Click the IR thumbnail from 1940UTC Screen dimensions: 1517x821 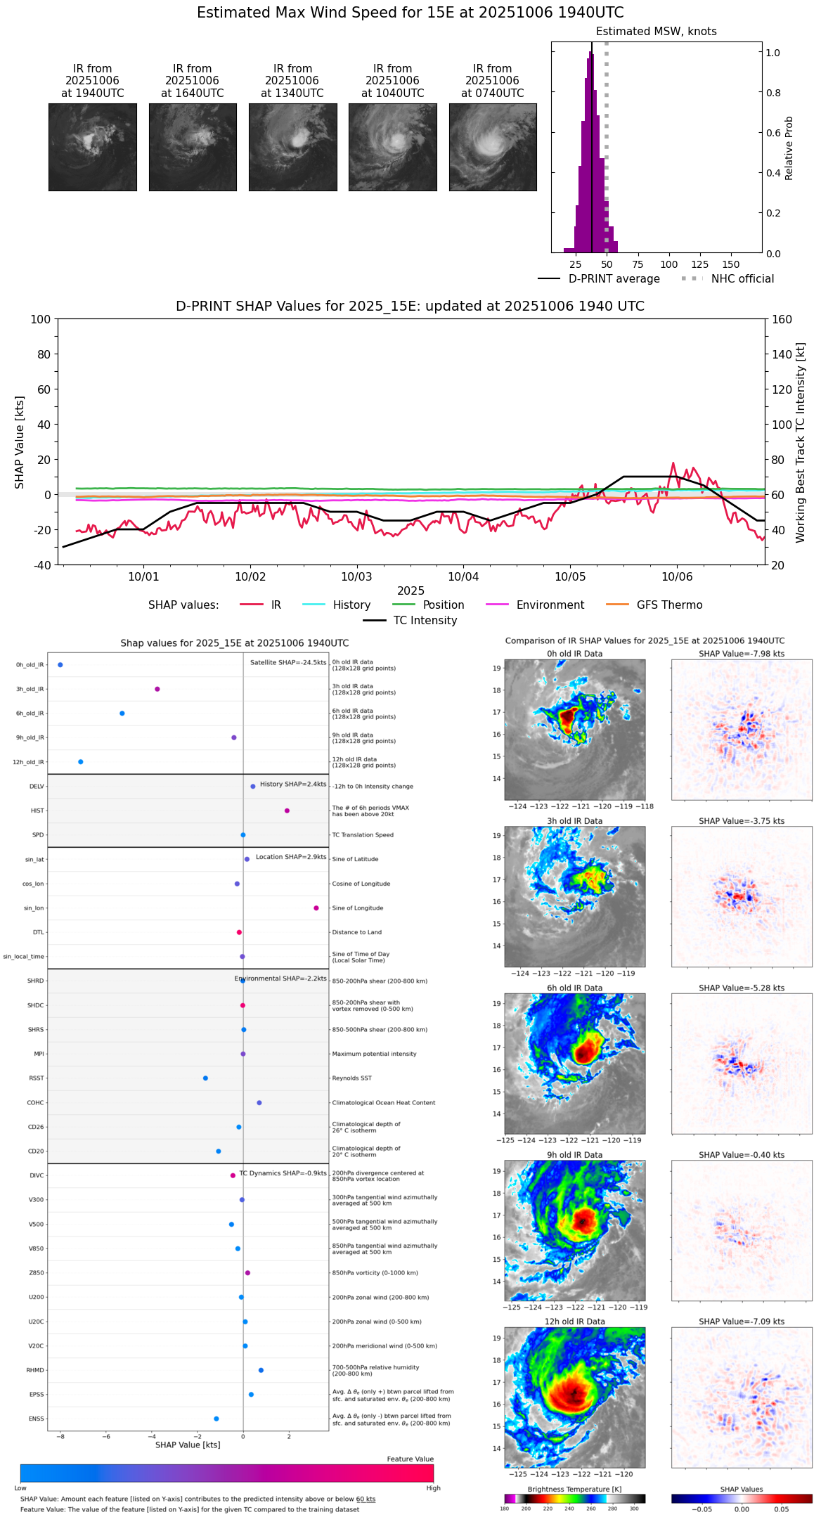tap(92, 147)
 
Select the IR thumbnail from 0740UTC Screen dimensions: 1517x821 tap(493, 147)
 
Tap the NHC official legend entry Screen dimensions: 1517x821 tap(742, 279)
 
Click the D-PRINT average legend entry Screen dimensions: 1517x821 tap(614, 279)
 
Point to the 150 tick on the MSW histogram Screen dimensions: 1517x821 tap(731, 264)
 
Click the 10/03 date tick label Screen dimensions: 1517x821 tap(356, 576)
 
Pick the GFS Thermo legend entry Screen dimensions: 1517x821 tap(669, 605)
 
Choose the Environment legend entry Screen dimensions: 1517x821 tap(550, 605)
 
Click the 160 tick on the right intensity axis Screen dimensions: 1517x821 tap(782, 319)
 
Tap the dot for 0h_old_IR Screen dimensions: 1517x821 tap(60, 664)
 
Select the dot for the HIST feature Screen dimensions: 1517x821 tap(287, 811)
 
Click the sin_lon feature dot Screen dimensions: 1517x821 tap(316, 908)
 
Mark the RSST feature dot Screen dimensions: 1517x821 tap(205, 1078)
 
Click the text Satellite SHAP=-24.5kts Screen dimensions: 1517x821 tap(288, 662)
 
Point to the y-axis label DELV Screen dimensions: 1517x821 tap(37, 787)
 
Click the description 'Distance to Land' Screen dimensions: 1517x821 tap(357, 932)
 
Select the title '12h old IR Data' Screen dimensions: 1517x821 tap(574, 1322)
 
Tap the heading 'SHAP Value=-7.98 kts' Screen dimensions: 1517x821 tap(742, 654)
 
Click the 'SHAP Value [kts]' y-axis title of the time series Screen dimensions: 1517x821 tap(20, 442)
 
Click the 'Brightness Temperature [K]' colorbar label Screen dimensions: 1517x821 tap(574, 1489)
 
